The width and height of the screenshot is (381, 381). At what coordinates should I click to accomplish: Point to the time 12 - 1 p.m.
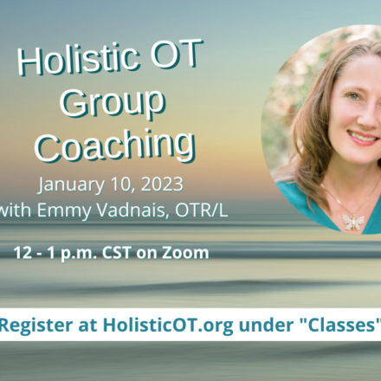51,254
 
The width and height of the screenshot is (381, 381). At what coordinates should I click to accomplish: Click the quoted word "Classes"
342,325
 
